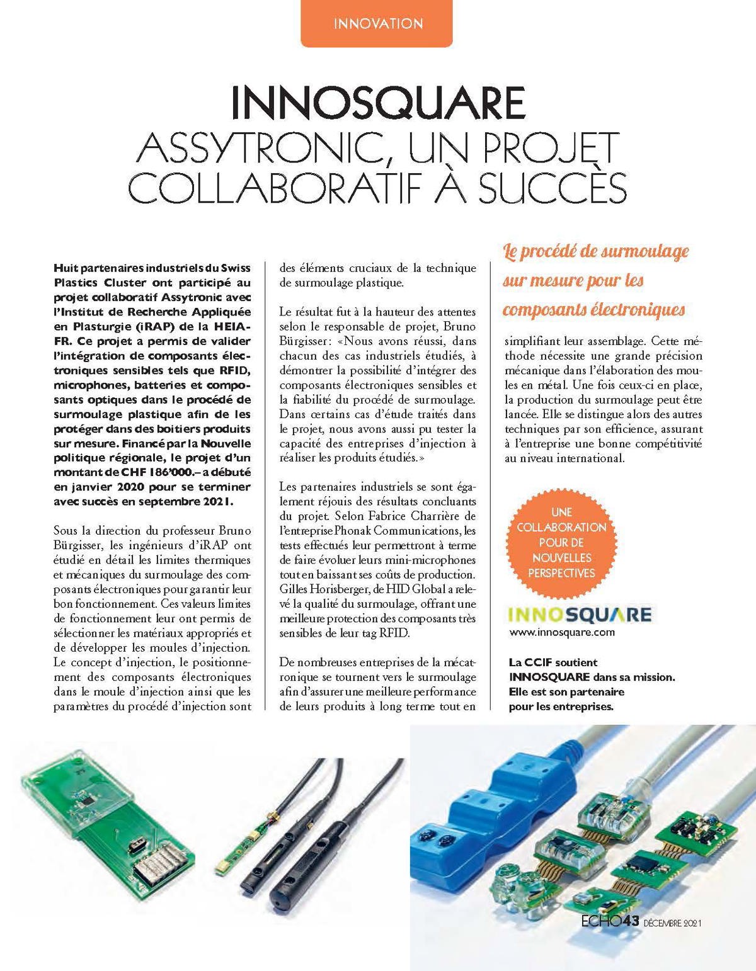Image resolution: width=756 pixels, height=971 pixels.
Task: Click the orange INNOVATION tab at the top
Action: click(x=377, y=24)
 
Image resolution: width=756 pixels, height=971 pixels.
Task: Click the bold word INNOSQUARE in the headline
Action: click(x=378, y=103)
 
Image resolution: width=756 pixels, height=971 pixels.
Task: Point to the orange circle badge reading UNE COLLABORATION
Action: click(x=561, y=542)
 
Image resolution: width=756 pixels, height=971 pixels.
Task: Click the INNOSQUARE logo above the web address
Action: click(x=579, y=615)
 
